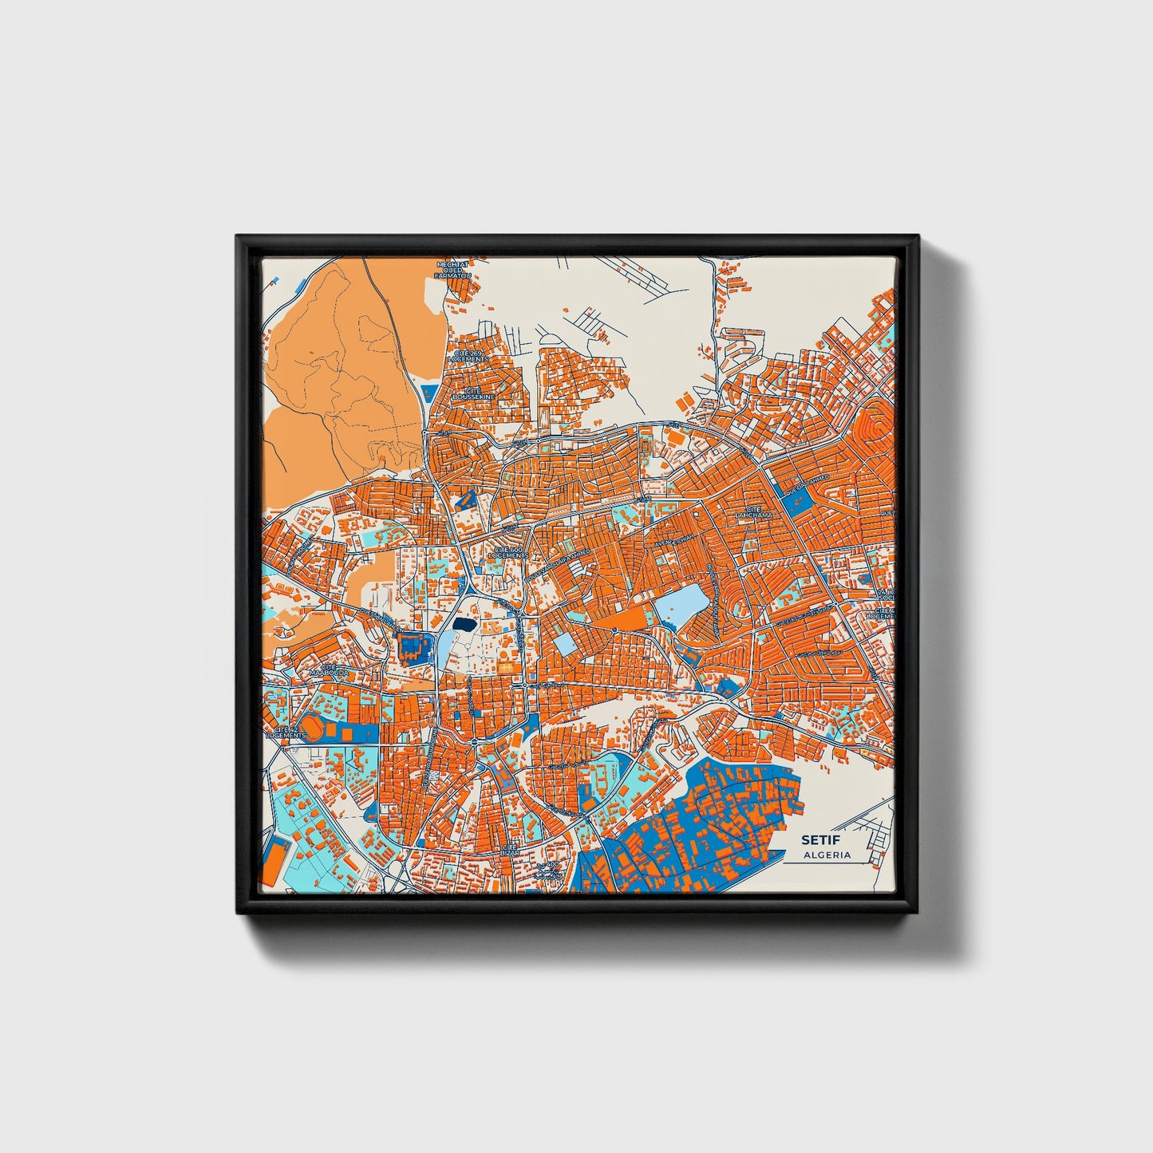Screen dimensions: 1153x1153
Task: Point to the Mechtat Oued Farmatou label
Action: click(452, 270)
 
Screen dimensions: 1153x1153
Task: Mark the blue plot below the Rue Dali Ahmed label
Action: click(801, 500)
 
